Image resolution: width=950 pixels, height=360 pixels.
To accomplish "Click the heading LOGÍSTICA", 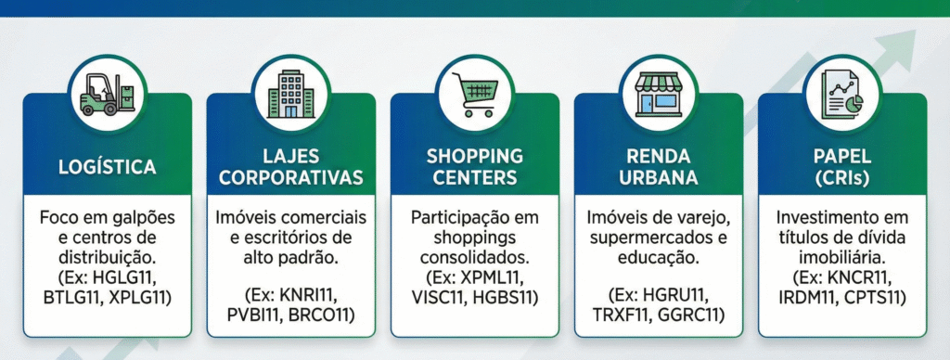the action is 107,167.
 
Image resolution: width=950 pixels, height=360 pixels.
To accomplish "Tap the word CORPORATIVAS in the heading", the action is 290,177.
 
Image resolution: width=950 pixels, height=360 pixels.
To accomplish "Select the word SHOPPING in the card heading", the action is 475,156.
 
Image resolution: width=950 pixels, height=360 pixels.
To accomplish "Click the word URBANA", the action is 659,177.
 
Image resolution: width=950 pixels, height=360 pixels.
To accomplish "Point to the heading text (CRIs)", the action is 842,177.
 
